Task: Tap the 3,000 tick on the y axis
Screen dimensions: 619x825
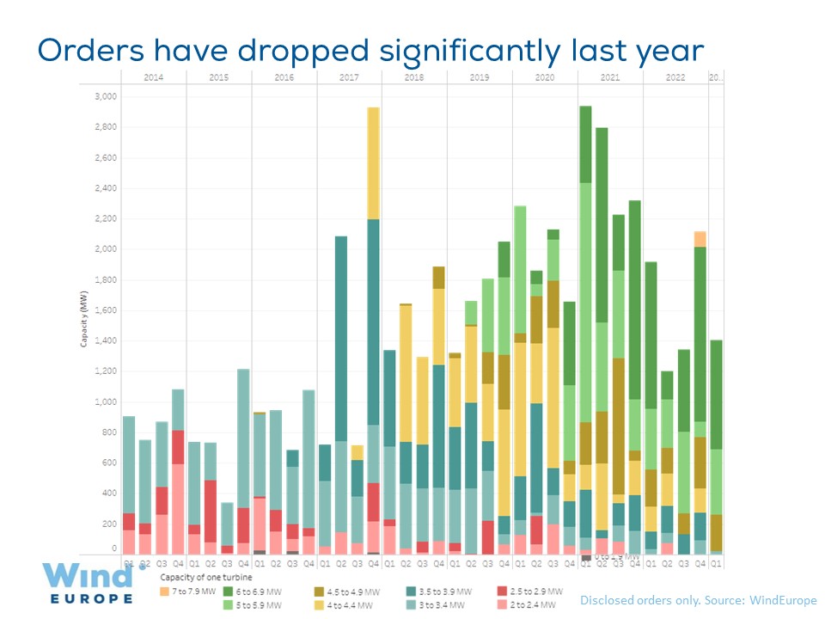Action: [104, 96]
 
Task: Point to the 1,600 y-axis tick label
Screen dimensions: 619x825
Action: [104, 310]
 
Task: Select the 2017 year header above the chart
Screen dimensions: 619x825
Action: [349, 77]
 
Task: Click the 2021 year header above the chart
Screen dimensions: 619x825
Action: [610, 77]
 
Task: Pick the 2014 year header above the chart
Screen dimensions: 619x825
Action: [154, 77]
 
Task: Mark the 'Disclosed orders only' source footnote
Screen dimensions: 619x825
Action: [698, 600]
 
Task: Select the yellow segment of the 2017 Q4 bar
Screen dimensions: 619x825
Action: [373, 163]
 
